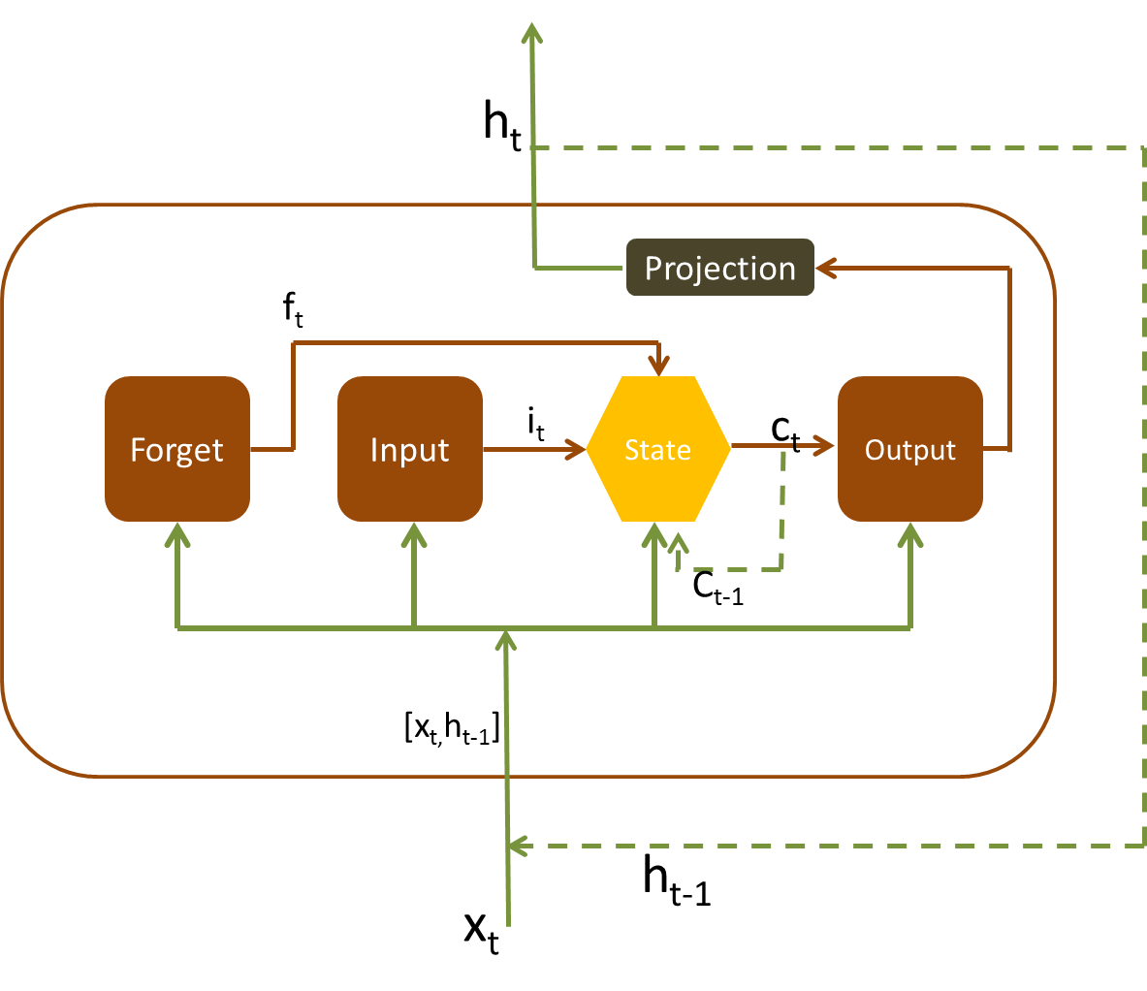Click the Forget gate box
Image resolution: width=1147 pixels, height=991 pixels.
click(x=177, y=449)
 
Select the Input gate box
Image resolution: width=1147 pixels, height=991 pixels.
click(x=410, y=449)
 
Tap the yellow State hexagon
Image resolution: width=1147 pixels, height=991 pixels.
click(x=657, y=449)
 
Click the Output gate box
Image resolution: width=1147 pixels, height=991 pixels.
click(x=909, y=449)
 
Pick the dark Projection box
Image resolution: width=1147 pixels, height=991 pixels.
click(x=719, y=268)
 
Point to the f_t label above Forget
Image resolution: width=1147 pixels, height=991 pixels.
click(x=293, y=310)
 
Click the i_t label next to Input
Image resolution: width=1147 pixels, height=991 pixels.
click(x=536, y=424)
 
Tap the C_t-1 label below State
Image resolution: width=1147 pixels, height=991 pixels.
click(x=717, y=587)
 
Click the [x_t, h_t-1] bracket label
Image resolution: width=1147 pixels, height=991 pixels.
click(x=452, y=728)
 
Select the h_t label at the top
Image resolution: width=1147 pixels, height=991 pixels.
click(x=502, y=126)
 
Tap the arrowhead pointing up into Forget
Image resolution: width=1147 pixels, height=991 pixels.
click(x=176, y=534)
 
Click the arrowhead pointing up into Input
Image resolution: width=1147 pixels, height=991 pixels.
click(x=414, y=534)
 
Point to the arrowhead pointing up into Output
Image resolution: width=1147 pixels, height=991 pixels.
click(x=909, y=534)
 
